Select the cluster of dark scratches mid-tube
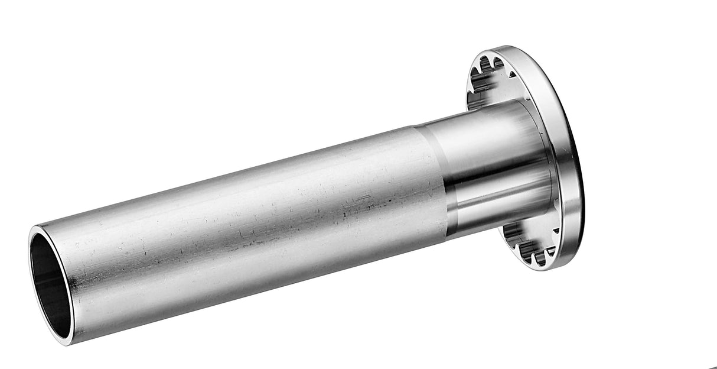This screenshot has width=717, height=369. [x=354, y=204]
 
